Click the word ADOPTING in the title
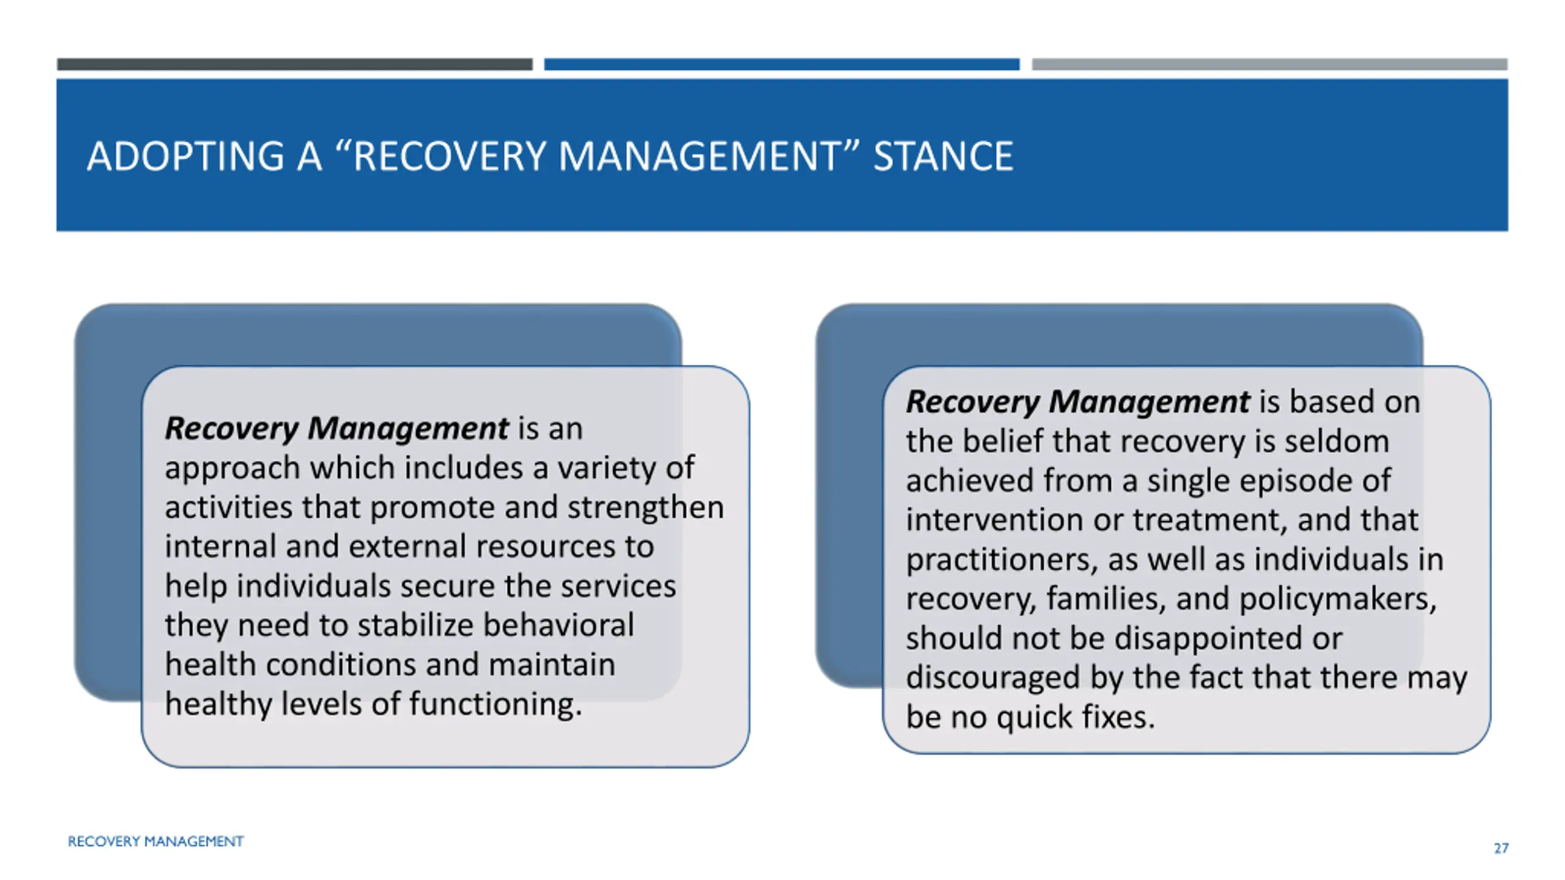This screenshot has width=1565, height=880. coord(186,156)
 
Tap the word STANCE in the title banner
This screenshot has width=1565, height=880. coord(943,156)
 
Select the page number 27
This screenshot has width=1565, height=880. coord(1501,848)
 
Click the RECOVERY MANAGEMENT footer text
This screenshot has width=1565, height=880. coord(155,842)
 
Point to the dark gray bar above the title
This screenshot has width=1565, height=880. coord(295,64)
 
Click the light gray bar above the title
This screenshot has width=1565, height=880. coord(1270,64)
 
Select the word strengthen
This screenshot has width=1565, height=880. coord(646,507)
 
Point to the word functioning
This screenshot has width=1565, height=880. coord(496,704)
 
